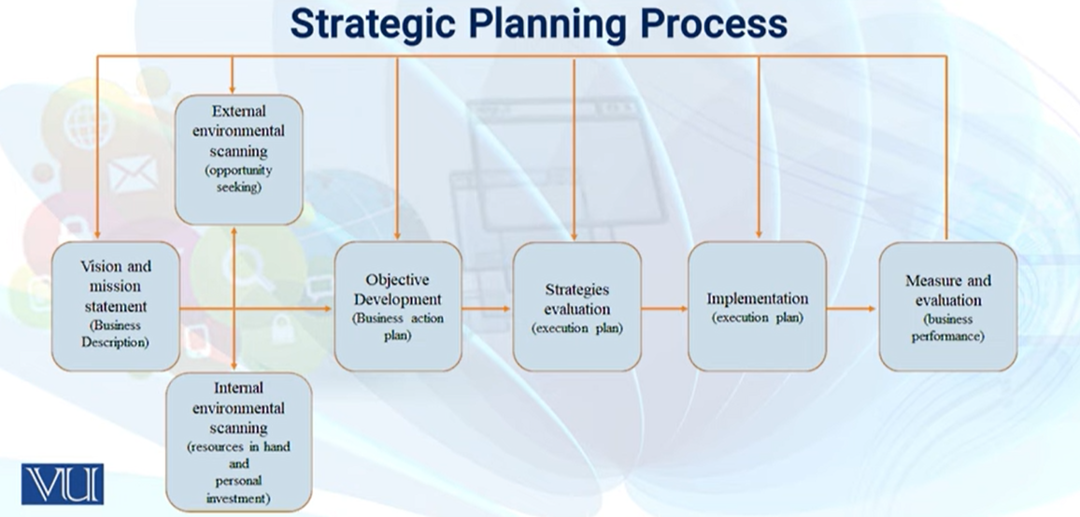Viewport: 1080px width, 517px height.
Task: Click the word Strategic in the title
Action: (373, 24)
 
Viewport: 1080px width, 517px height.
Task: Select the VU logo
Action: (62, 484)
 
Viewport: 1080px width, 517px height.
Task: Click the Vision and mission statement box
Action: (116, 306)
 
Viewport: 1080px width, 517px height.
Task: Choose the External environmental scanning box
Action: (238, 160)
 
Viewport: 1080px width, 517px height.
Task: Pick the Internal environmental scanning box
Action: (238, 442)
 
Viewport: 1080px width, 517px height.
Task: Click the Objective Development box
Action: (397, 306)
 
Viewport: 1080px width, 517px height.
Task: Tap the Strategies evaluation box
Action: (576, 306)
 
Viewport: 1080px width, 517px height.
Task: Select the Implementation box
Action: (757, 306)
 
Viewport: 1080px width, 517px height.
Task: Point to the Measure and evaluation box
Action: (947, 306)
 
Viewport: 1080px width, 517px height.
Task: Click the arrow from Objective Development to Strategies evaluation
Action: (487, 309)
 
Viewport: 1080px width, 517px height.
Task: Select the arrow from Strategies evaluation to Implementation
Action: (664, 309)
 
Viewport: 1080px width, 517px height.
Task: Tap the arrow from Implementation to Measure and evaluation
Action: (852, 309)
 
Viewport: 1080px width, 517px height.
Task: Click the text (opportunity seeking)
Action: (238, 179)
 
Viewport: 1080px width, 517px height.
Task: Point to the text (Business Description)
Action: (116, 333)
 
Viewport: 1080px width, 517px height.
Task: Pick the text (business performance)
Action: (947, 327)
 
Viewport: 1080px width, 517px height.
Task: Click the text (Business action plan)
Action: (397, 326)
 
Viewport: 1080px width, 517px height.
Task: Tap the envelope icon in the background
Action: (133, 174)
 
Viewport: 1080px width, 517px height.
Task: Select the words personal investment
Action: (238, 490)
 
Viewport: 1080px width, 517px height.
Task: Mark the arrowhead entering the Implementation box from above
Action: (759, 234)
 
